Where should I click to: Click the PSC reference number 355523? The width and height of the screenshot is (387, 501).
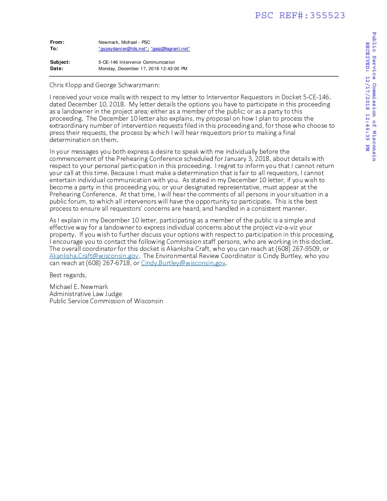327,15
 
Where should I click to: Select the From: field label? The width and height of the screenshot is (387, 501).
57,42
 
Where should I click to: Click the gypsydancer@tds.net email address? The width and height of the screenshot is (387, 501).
123,49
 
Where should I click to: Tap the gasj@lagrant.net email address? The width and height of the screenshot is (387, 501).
170,49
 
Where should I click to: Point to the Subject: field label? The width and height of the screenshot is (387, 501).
60,62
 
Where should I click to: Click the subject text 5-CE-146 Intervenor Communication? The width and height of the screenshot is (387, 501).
137,62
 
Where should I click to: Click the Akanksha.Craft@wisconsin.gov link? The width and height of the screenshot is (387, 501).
94,256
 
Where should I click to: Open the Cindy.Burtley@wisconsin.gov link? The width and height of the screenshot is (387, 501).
183,263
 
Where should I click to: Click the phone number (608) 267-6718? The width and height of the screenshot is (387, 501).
108,263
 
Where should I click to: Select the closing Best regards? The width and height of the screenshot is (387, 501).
68,275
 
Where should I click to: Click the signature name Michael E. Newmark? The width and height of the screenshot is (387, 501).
79,287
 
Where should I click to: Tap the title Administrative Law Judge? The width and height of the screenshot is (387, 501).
85,294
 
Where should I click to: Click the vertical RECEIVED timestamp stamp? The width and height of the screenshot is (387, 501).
367,96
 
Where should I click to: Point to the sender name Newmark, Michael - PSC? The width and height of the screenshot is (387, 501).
124,42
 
